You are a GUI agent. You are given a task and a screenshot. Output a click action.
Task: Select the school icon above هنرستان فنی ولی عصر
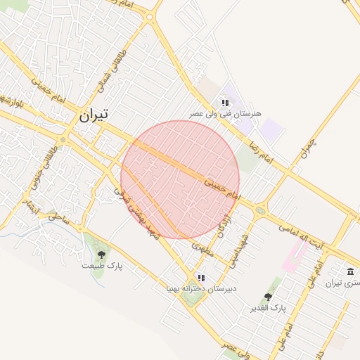[x=225, y=103]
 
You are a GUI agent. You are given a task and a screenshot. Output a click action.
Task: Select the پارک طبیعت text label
[x=102, y=266]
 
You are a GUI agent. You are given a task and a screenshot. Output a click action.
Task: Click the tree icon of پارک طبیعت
[x=102, y=255]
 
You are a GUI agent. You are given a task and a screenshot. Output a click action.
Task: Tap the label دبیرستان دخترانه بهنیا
[x=201, y=288]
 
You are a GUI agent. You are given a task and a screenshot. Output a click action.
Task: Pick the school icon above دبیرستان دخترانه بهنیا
[x=201, y=278]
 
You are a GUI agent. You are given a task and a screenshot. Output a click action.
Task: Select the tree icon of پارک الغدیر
[x=267, y=297]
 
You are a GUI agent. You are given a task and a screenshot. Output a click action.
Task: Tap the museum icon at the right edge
[x=350, y=271]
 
